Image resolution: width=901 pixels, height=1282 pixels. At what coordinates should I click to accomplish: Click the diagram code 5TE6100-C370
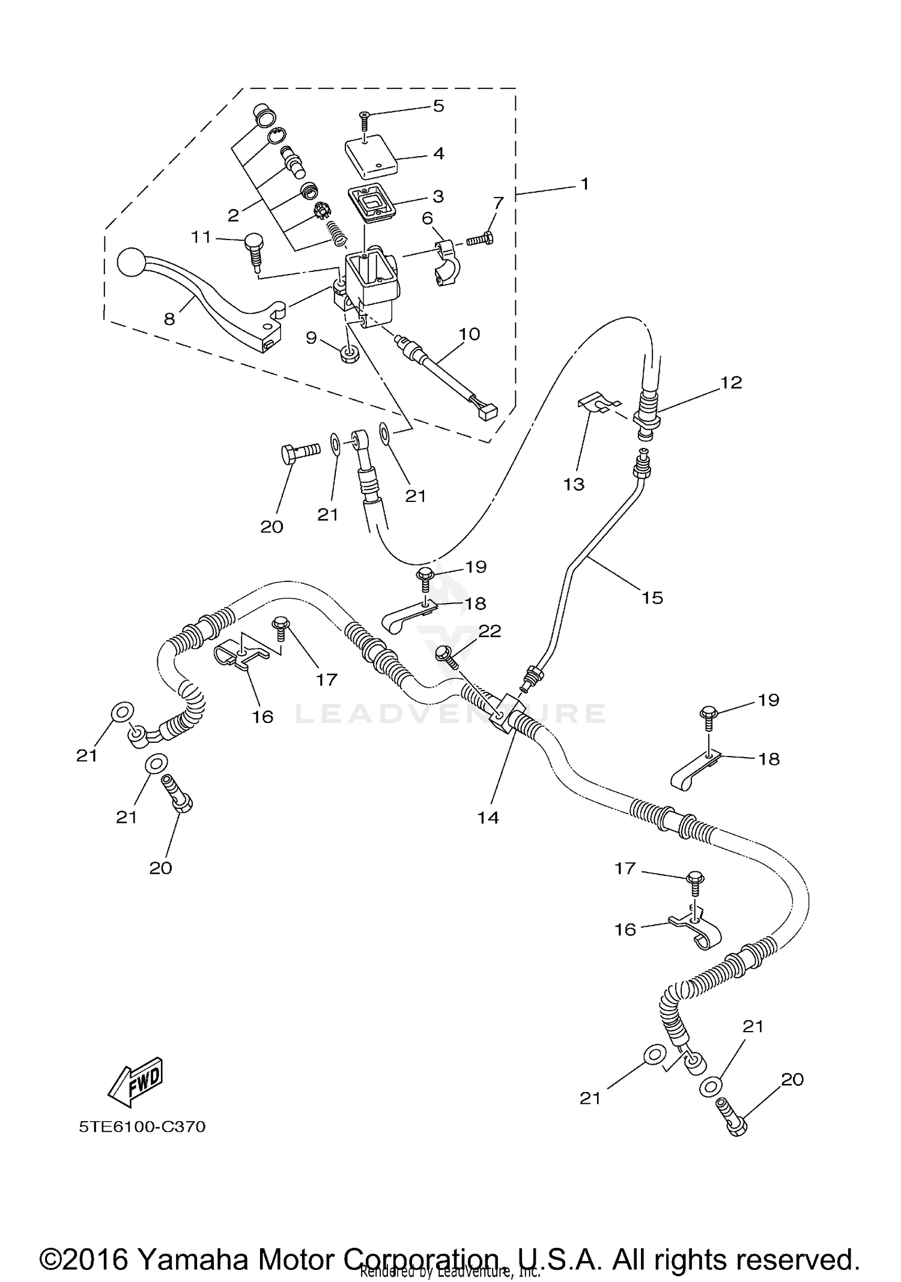click(142, 1126)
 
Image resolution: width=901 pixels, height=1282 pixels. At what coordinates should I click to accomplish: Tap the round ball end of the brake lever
click(130, 262)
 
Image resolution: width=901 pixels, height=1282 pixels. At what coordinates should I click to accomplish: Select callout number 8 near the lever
click(169, 318)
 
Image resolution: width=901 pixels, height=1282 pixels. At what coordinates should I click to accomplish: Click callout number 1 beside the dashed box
click(584, 184)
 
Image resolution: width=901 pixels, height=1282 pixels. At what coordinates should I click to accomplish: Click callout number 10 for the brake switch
click(470, 334)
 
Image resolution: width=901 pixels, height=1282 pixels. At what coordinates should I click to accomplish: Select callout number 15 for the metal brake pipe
click(652, 597)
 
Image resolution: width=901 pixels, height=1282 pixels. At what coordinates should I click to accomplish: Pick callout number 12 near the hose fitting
click(731, 382)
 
